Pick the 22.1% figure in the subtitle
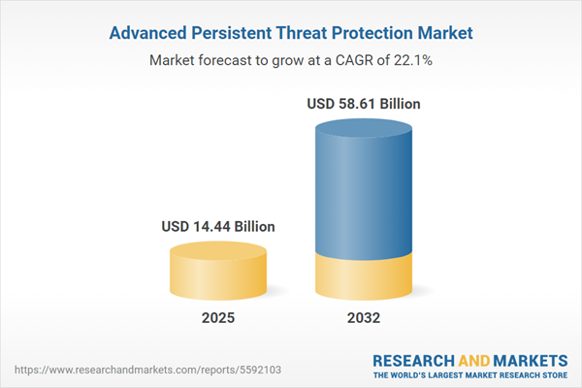click(414, 60)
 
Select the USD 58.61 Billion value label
click(365, 102)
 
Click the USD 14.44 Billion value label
click(218, 226)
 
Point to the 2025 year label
click(218, 317)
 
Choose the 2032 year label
click(365, 317)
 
